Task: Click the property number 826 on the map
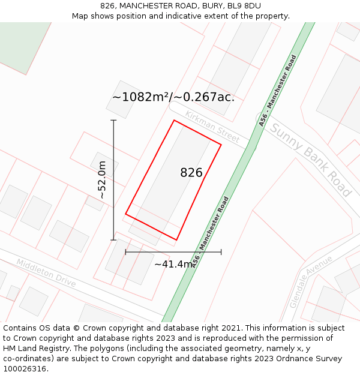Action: pos(191,173)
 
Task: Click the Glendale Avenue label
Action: pos(310,281)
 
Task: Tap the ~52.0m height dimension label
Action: pos(102,180)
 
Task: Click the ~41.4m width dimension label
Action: pos(173,264)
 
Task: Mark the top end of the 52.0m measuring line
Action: pos(113,120)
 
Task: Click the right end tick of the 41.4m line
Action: pos(221,252)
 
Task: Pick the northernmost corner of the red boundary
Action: pos(174,121)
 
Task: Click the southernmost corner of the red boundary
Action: pos(176,239)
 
